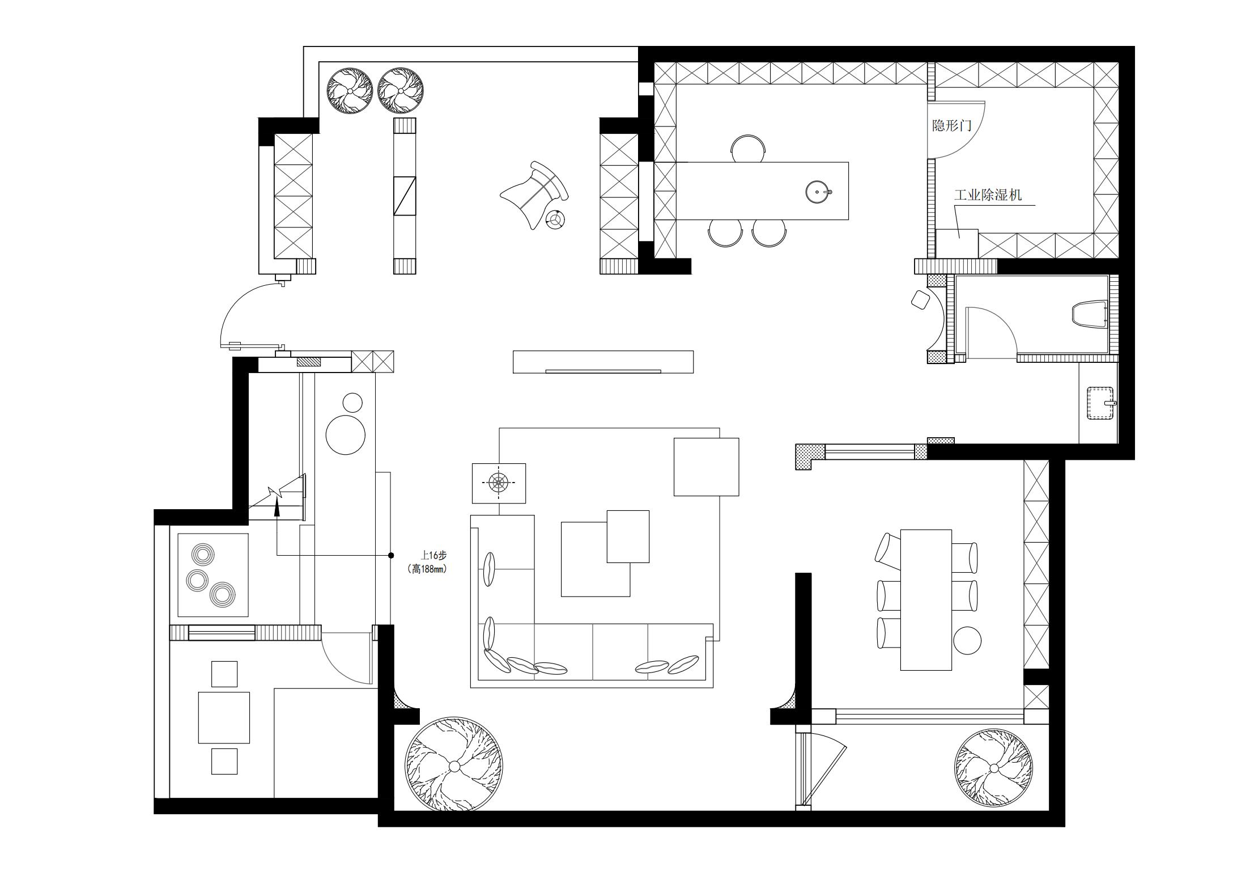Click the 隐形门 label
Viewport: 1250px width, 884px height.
952,125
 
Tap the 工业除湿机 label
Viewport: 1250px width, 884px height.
988,195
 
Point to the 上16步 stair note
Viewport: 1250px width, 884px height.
433,555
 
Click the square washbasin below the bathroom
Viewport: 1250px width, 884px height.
1100,403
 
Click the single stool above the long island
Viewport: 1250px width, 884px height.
749,149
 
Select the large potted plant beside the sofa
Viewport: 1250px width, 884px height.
454,766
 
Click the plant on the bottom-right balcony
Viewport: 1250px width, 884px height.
993,768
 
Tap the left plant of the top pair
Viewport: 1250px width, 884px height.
350,90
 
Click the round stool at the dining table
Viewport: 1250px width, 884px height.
967,641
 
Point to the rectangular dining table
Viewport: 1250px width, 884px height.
926,600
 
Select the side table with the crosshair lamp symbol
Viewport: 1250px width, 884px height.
499,483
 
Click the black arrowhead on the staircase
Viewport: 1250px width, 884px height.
277,507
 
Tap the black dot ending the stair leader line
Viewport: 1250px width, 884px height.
391,555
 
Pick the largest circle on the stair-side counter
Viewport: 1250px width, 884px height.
346,435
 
